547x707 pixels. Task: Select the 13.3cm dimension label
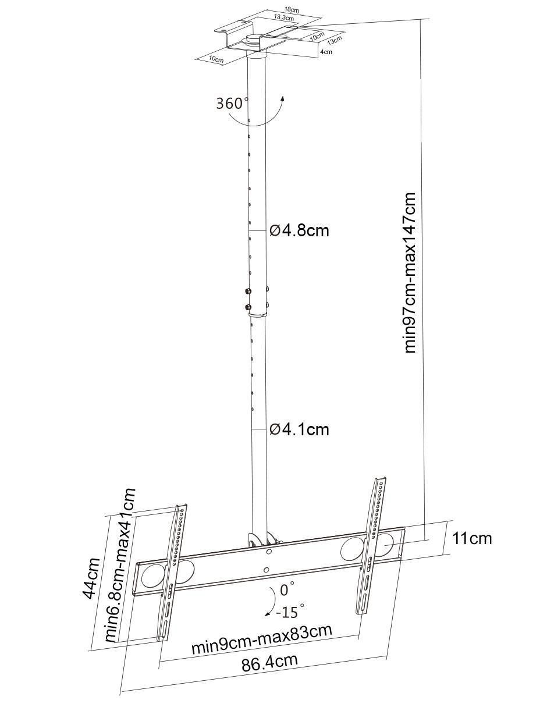pyautogui.click(x=284, y=17)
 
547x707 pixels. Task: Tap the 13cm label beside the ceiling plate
pyautogui.click(x=335, y=40)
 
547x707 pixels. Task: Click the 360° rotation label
pyautogui.click(x=232, y=103)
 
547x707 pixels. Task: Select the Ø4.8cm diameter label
pyautogui.click(x=299, y=230)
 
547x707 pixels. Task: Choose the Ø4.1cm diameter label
pyautogui.click(x=299, y=429)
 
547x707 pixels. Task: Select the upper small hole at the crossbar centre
pyautogui.click(x=269, y=552)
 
